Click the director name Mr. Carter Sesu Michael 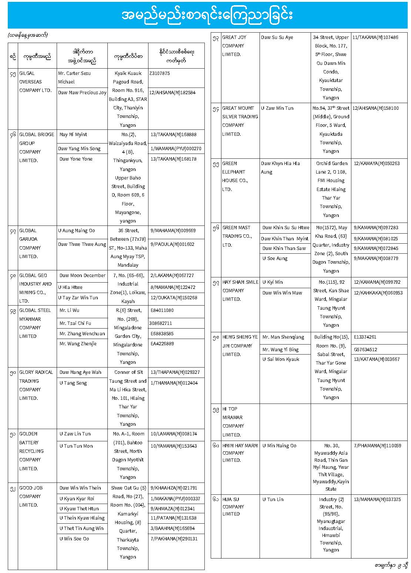click(74, 78)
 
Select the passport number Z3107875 click(160, 73)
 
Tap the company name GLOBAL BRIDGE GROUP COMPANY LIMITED click(36, 148)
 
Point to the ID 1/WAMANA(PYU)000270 click(176, 149)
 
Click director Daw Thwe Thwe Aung click(82, 244)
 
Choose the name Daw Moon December click(82, 276)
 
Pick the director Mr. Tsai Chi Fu click(75, 323)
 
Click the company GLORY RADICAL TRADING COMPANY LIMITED click(36, 385)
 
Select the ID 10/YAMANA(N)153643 click(174, 446)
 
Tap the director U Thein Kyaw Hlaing click(82, 518)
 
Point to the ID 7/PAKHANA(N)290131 click(174, 539)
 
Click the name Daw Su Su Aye click(277, 37)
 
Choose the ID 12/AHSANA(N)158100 click(375, 108)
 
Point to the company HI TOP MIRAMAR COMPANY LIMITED click(233, 422)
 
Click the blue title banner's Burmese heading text click(207, 15)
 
